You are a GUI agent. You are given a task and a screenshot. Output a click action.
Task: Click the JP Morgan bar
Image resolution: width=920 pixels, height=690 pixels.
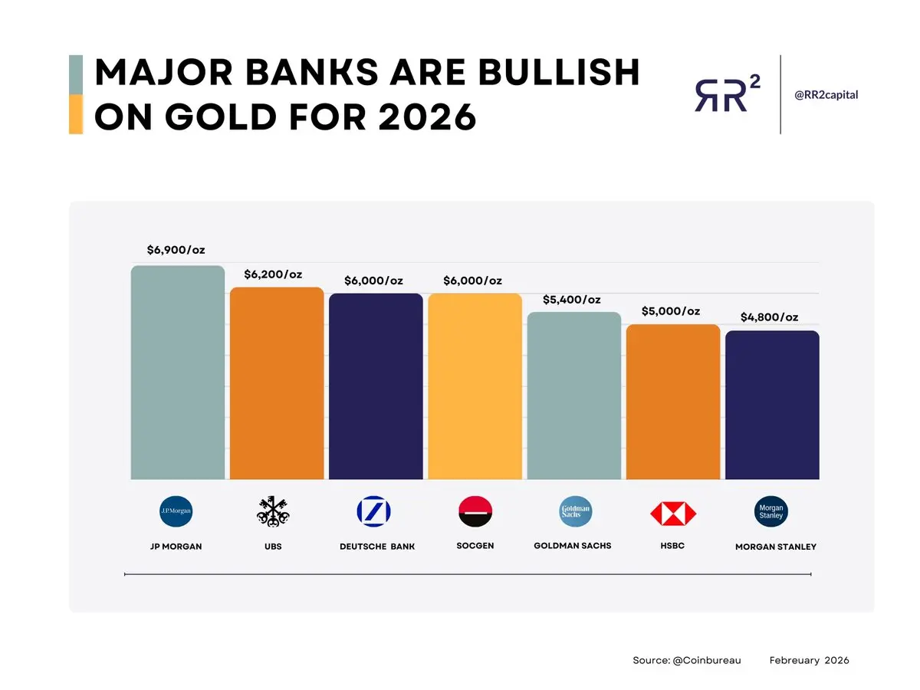pos(177,372)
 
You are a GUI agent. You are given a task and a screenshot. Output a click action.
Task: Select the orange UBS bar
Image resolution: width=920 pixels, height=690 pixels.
pos(277,383)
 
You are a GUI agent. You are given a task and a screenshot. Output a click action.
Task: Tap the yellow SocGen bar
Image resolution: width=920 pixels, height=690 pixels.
pos(475,386)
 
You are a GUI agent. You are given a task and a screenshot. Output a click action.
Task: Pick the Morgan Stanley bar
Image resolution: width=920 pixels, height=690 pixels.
pos(772,405)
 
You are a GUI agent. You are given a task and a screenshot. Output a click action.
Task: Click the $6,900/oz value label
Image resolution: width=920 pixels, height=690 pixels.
pos(176,250)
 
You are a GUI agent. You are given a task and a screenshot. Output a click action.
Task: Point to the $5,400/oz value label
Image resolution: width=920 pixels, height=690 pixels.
pos(572,300)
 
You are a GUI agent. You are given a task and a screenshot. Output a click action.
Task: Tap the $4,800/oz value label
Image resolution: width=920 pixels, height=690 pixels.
pos(769,317)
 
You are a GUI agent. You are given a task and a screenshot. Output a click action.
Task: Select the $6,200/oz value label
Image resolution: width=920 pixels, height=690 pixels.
pos(273,274)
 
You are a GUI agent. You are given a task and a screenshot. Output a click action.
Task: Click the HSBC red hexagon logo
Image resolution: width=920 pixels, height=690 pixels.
pos(673,513)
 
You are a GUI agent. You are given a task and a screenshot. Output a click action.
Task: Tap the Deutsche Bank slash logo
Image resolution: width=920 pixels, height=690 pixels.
pos(373,511)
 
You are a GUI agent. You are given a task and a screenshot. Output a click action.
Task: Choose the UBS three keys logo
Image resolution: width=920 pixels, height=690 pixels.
pos(273,511)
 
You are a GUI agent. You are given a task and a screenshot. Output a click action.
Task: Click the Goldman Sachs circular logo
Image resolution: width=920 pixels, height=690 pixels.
pos(576,511)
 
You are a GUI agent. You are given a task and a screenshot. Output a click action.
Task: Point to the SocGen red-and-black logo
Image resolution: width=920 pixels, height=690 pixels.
pos(475,511)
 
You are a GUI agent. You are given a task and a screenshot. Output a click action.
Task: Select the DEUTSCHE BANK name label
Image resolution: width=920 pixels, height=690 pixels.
pos(377,547)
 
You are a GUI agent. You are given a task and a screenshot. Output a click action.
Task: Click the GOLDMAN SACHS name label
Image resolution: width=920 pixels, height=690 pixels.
pos(573,545)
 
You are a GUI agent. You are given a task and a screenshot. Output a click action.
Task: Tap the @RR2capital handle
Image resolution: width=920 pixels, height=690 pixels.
pos(826,94)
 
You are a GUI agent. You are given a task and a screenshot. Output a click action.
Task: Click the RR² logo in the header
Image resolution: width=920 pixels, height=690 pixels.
pos(728,94)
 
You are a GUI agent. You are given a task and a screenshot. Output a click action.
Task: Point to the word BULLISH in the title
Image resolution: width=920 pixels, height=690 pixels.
pos(559,72)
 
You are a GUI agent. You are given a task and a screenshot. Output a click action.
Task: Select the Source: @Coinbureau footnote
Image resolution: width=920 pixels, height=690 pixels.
pos(686,660)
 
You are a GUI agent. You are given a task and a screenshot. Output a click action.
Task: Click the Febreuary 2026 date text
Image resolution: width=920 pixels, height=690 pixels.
pos(809,660)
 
